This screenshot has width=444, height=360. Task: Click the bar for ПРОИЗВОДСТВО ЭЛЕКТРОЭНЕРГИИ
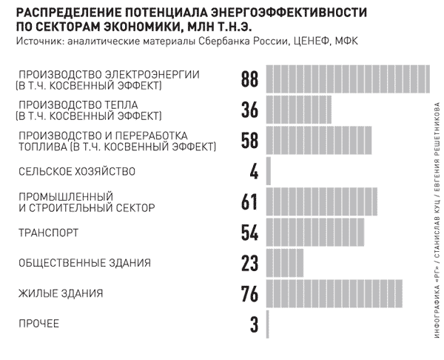pyautogui.click(x=348, y=79)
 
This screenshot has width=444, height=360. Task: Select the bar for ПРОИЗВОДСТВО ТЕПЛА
pyautogui.click(x=299, y=110)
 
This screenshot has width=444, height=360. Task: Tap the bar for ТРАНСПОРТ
pyautogui.click(x=315, y=232)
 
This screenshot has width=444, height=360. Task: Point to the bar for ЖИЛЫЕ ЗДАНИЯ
pyautogui.click(x=334, y=293)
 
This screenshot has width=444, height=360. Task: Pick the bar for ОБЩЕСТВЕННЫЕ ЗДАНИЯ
pyautogui.click(x=285, y=263)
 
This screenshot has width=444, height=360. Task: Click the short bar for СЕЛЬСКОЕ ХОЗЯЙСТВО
pyautogui.click(x=269, y=171)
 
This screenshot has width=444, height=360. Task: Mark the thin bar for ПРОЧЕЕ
pyautogui.click(x=268, y=324)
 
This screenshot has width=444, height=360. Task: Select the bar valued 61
pyautogui.click(x=321, y=201)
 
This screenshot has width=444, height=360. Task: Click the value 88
pyautogui.click(x=250, y=79)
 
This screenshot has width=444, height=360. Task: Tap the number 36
pyautogui.click(x=250, y=110)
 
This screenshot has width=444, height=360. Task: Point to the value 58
pyautogui.click(x=250, y=140)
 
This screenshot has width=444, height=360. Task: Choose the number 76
pyautogui.click(x=250, y=293)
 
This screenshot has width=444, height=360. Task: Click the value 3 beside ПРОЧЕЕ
pyautogui.click(x=255, y=324)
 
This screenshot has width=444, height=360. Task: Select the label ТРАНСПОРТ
pyautogui.click(x=48, y=233)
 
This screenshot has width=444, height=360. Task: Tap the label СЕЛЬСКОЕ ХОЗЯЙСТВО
pyautogui.click(x=77, y=172)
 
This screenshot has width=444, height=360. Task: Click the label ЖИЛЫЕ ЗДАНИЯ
pyautogui.click(x=61, y=293)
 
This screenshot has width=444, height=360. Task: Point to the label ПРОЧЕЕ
pyautogui.click(x=38, y=324)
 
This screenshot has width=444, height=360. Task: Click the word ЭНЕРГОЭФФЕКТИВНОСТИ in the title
pyautogui.click(x=289, y=13)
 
